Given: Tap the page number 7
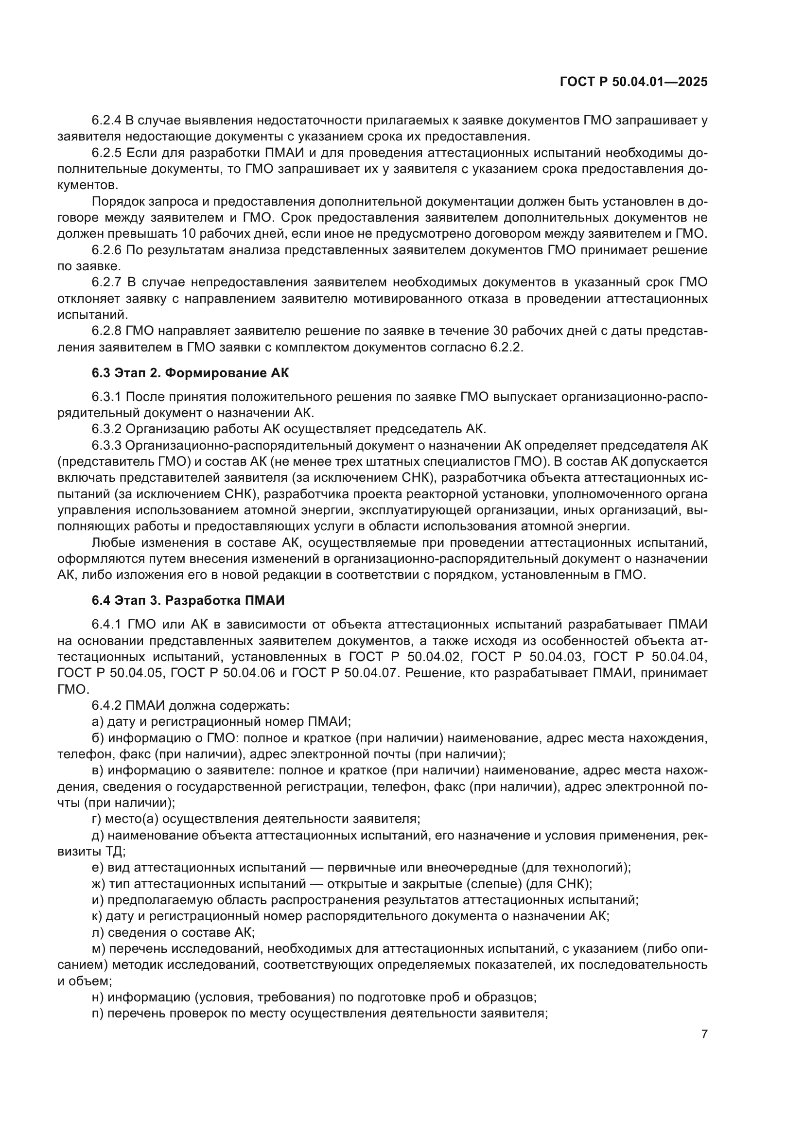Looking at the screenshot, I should coord(704,1034).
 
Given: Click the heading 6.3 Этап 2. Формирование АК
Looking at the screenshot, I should coord(190,373).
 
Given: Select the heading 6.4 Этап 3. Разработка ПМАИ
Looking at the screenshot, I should coord(188,601).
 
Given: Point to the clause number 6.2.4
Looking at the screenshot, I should coord(106,121).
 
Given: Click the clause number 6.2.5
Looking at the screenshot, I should coord(106,153).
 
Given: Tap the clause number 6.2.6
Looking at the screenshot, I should coord(106,250).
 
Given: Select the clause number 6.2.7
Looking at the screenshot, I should coord(106,282).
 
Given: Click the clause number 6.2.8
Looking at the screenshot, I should coord(106,331).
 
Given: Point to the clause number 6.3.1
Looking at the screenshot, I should coord(106,397).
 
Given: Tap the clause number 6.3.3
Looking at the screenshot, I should coord(106,445).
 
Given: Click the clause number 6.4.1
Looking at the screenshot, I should coord(106,625).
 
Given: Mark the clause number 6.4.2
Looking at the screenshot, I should coord(106,705).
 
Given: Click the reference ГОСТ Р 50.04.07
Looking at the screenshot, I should coord(346,673).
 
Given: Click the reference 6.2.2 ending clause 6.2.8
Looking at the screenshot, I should coord(507,347).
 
